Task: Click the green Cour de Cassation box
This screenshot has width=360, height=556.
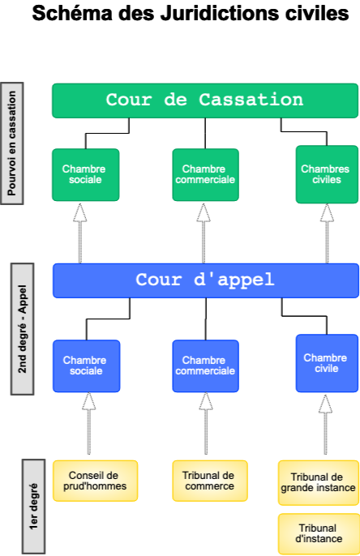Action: pos(205,101)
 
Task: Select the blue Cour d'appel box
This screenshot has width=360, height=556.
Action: pos(206,280)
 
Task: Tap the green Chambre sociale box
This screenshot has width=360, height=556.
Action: pos(85,174)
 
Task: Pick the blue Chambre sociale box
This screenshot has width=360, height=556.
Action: pos(86,366)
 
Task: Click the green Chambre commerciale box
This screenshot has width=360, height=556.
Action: pos(205,174)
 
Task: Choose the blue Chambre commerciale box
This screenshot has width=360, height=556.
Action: pos(205,366)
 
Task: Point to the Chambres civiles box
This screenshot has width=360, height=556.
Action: pos(327,174)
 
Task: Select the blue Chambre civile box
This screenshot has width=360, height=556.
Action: pos(327,363)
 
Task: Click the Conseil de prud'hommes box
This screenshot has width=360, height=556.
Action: pos(95,481)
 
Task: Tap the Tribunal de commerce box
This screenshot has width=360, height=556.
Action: pos(210,481)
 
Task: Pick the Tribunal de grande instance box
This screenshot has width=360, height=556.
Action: pos(319,482)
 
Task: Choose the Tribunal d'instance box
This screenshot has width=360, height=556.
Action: pos(319,533)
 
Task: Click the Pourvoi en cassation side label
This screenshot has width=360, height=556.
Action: pos(12,143)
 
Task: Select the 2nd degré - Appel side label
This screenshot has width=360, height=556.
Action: pos(23,329)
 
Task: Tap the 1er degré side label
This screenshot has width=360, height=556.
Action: pos(34,507)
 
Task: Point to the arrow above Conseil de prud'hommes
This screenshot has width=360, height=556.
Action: pos(88,423)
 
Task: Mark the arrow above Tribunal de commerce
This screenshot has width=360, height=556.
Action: pos(206,423)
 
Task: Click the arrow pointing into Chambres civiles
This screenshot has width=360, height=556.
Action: pos(327,233)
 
